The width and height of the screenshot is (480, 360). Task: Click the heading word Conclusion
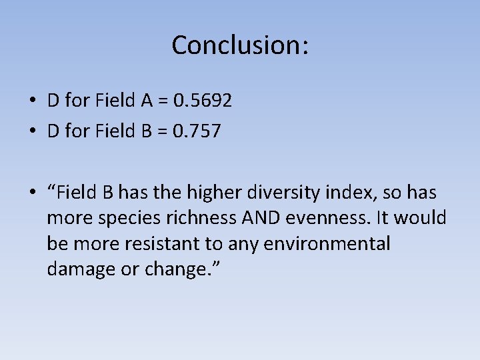(x=239, y=45)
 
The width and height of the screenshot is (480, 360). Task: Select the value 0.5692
(x=203, y=101)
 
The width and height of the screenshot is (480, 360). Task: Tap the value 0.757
(x=197, y=131)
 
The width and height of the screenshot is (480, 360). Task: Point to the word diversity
(x=283, y=193)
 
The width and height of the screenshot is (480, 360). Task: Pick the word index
(x=343, y=193)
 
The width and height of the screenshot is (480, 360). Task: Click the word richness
(x=191, y=218)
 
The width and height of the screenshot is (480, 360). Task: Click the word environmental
(x=327, y=244)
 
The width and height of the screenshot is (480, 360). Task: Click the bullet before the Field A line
(x=32, y=102)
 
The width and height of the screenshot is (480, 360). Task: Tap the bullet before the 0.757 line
(x=32, y=132)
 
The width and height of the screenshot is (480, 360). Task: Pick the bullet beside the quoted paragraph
(x=32, y=193)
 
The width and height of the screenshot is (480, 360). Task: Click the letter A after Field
(x=147, y=101)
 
